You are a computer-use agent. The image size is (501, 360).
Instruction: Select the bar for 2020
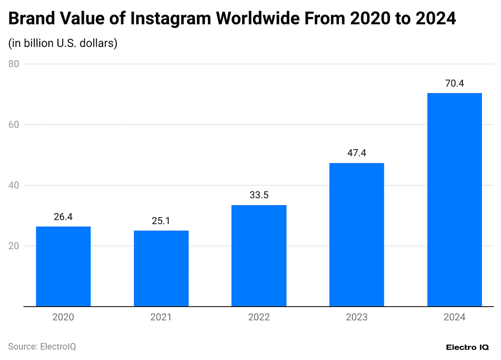[x=63, y=266]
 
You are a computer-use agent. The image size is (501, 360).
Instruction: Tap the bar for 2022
[x=259, y=256]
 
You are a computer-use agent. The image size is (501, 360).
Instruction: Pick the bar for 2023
[x=356, y=235]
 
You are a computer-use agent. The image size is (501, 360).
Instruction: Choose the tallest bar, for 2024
[x=454, y=200]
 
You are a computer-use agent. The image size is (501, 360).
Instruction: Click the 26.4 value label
[x=63, y=216]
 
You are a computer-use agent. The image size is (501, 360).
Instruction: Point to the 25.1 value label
[x=161, y=221]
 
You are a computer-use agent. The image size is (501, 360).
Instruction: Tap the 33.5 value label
[x=259, y=195]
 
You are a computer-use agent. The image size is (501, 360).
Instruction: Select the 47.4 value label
[x=356, y=153]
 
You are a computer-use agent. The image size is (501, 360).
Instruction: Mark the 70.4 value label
[x=454, y=83]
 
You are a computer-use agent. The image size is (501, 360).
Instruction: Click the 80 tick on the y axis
[x=13, y=64]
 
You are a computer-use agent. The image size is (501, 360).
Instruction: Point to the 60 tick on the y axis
[x=13, y=125]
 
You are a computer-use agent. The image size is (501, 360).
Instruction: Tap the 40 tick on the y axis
[x=13, y=186]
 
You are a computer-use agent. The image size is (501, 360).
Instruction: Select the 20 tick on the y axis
[x=13, y=246]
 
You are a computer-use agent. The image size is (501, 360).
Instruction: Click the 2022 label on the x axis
[x=259, y=317]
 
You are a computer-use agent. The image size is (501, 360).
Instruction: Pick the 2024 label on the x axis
[x=454, y=317]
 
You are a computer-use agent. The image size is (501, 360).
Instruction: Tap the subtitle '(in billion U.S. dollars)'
[x=63, y=43]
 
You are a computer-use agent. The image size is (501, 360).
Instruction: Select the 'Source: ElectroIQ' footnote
[x=42, y=347]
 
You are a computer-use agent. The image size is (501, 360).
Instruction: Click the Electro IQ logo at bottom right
[x=467, y=347]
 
